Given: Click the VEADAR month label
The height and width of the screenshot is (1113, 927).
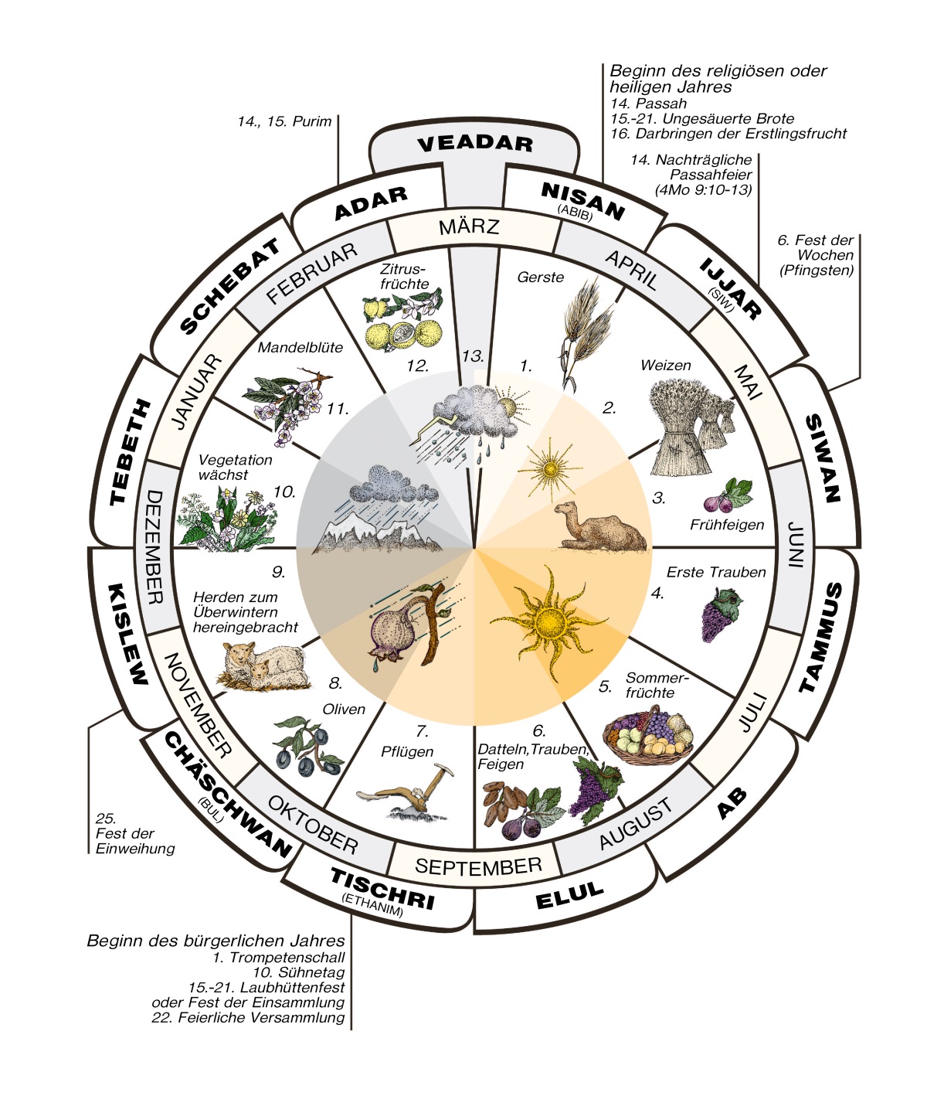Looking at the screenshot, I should [x=475, y=144].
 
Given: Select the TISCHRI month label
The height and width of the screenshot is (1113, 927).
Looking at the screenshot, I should [x=382, y=889].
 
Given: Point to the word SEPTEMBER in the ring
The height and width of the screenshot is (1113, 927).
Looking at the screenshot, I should [x=478, y=866].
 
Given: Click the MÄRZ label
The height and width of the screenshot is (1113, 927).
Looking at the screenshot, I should [x=469, y=226].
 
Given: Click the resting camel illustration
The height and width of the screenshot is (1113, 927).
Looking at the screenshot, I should [x=601, y=527].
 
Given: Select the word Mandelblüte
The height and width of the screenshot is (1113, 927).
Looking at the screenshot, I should [x=300, y=347].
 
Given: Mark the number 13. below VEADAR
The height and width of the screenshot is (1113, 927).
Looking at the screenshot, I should [x=473, y=356].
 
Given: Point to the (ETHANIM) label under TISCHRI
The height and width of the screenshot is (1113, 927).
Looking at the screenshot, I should [x=372, y=906].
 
